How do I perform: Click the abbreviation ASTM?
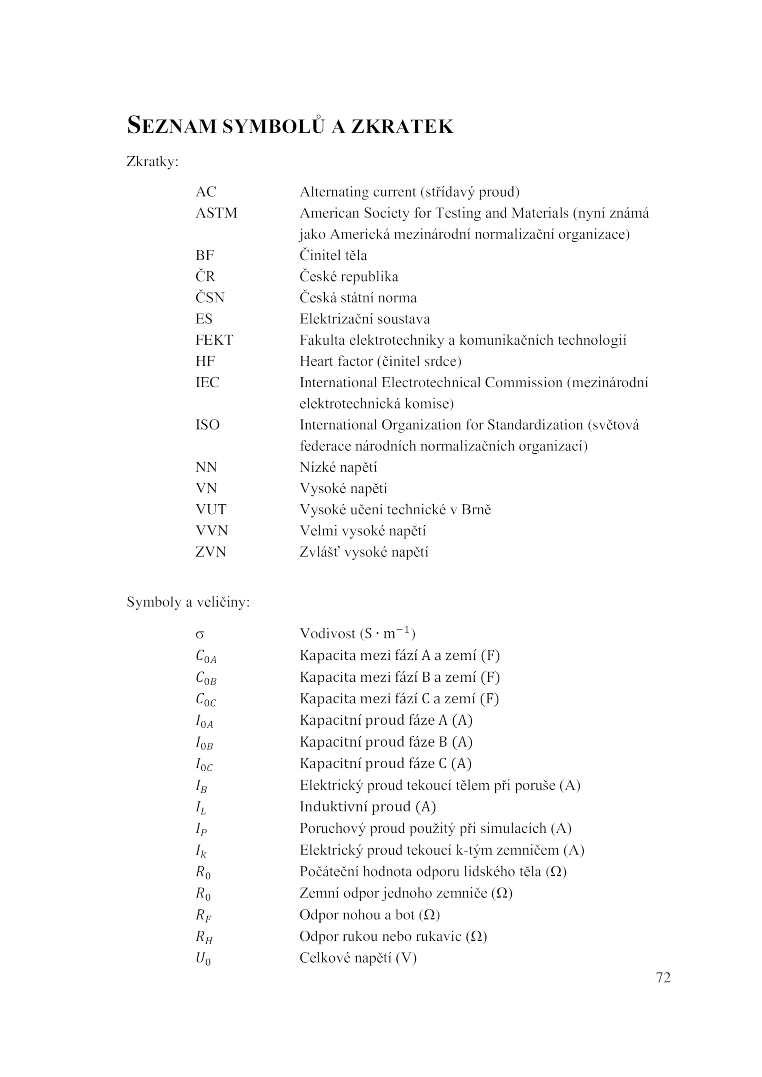click(x=216, y=213)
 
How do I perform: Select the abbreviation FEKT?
click(x=214, y=340)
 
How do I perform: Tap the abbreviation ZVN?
click(x=211, y=552)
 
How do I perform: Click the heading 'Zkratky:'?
click(x=152, y=162)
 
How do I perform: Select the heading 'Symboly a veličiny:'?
click(x=188, y=602)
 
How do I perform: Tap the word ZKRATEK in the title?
click(x=402, y=126)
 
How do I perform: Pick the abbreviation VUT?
click(x=211, y=509)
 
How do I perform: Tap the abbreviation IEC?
click(x=207, y=382)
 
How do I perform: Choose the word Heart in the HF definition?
click(x=316, y=361)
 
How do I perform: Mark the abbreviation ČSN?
click(x=210, y=298)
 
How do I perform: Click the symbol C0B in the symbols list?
click(x=206, y=678)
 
